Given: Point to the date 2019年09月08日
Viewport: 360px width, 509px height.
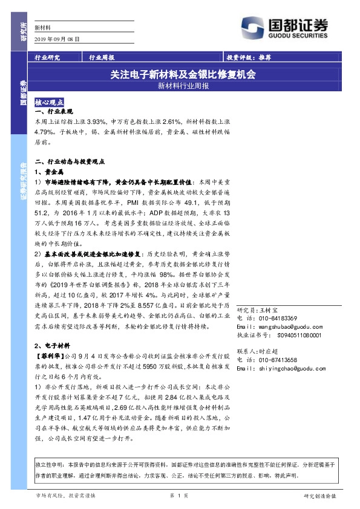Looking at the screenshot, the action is tap(57, 38).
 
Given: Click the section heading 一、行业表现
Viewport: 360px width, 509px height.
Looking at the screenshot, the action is tap(54, 112).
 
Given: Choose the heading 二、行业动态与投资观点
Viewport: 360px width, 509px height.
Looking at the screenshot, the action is tap(71, 162).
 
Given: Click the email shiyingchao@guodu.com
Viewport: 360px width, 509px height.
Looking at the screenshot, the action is tap(284, 367).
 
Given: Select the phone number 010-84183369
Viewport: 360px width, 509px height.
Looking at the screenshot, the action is tap(275, 318).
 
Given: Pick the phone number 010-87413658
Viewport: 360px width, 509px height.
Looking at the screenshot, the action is tap(275, 359).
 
